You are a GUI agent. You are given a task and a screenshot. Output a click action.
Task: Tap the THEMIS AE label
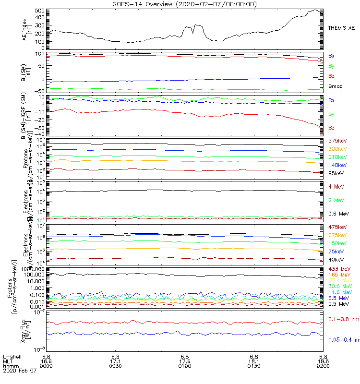(342, 28)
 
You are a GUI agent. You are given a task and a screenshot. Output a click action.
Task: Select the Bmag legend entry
(336, 86)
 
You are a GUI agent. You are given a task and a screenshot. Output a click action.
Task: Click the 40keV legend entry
(336, 260)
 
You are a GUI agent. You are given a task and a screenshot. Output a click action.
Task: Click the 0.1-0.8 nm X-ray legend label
(344, 319)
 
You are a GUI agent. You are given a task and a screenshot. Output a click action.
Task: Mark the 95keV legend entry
(336, 173)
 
